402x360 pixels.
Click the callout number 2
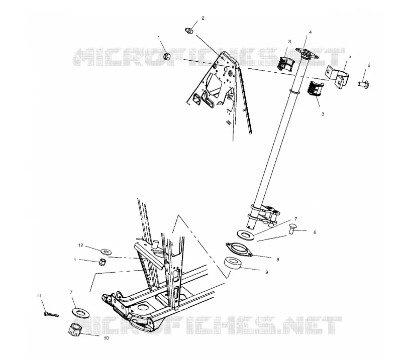[203, 18]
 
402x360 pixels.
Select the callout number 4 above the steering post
[310, 32]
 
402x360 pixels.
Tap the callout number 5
[349, 56]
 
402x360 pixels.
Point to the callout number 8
[278, 260]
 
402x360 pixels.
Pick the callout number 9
[267, 272]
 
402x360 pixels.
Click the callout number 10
[106, 338]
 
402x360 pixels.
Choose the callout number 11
[39, 296]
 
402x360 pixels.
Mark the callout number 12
[81, 246]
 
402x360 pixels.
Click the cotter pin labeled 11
[51, 314]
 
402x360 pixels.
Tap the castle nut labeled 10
[75, 329]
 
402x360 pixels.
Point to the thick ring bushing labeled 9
[233, 264]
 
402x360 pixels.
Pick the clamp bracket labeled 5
[337, 76]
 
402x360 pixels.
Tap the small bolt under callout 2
[189, 31]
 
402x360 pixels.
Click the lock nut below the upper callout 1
[167, 56]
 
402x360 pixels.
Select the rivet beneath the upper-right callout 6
[363, 83]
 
